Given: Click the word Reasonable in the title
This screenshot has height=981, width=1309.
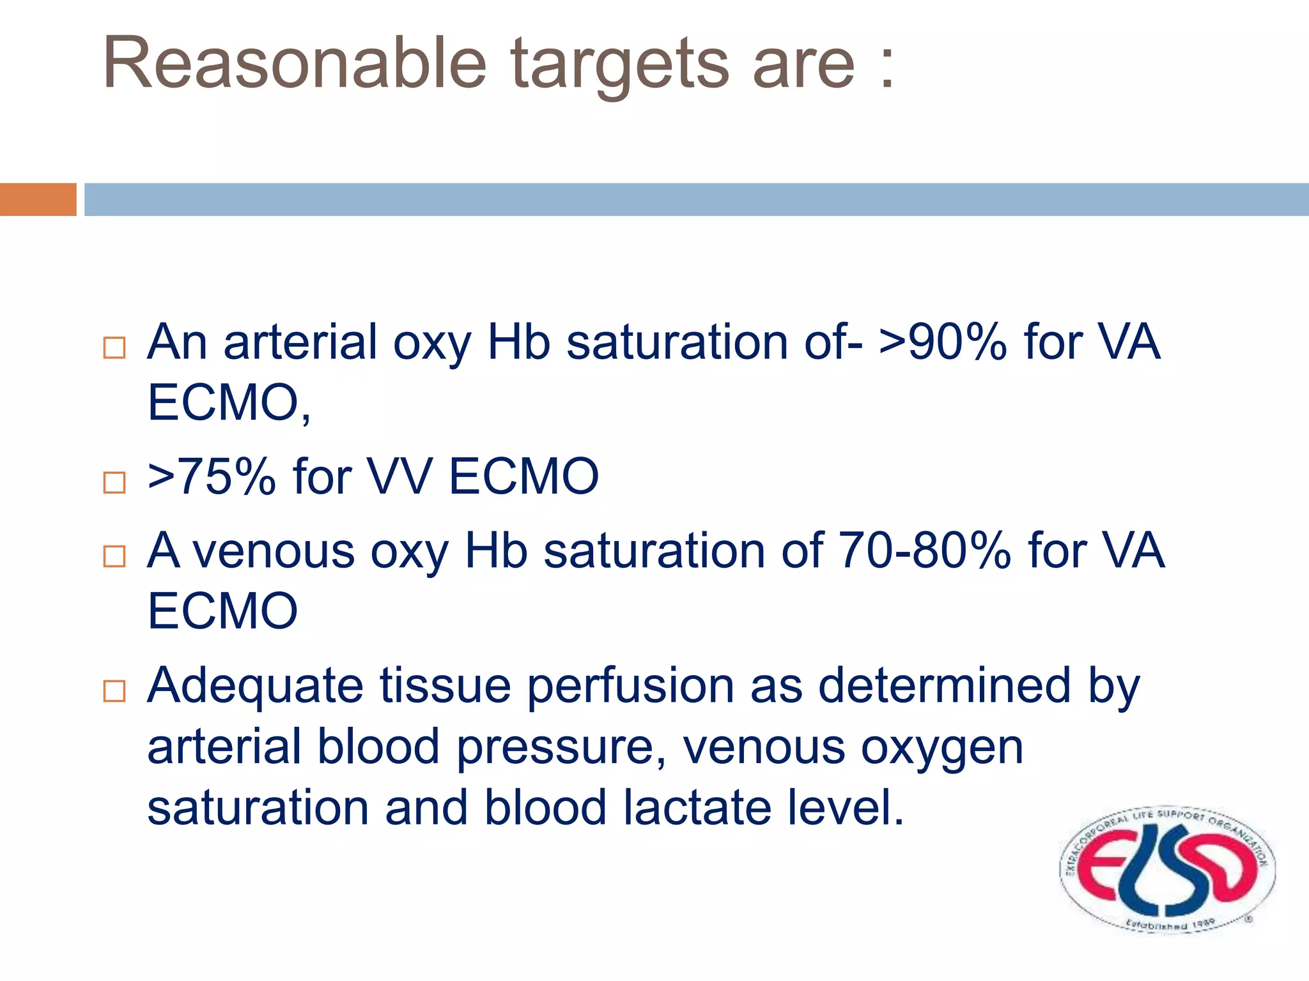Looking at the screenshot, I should tap(295, 63).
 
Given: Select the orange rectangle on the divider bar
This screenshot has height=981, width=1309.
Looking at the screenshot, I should tap(38, 199).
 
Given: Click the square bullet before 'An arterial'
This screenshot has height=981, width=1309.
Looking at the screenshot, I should tap(114, 348).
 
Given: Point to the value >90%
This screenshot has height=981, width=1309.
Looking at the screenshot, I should tap(943, 343).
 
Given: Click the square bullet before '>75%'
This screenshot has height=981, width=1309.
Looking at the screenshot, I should tap(114, 482).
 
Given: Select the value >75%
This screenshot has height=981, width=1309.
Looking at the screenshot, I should tap(212, 476).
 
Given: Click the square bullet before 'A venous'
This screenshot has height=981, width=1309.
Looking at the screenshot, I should tap(114, 556).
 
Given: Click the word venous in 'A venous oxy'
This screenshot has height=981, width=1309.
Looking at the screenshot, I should tap(274, 552).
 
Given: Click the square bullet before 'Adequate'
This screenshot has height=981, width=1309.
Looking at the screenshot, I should tap(114, 691).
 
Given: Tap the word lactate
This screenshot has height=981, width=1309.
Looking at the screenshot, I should tap(697, 807).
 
